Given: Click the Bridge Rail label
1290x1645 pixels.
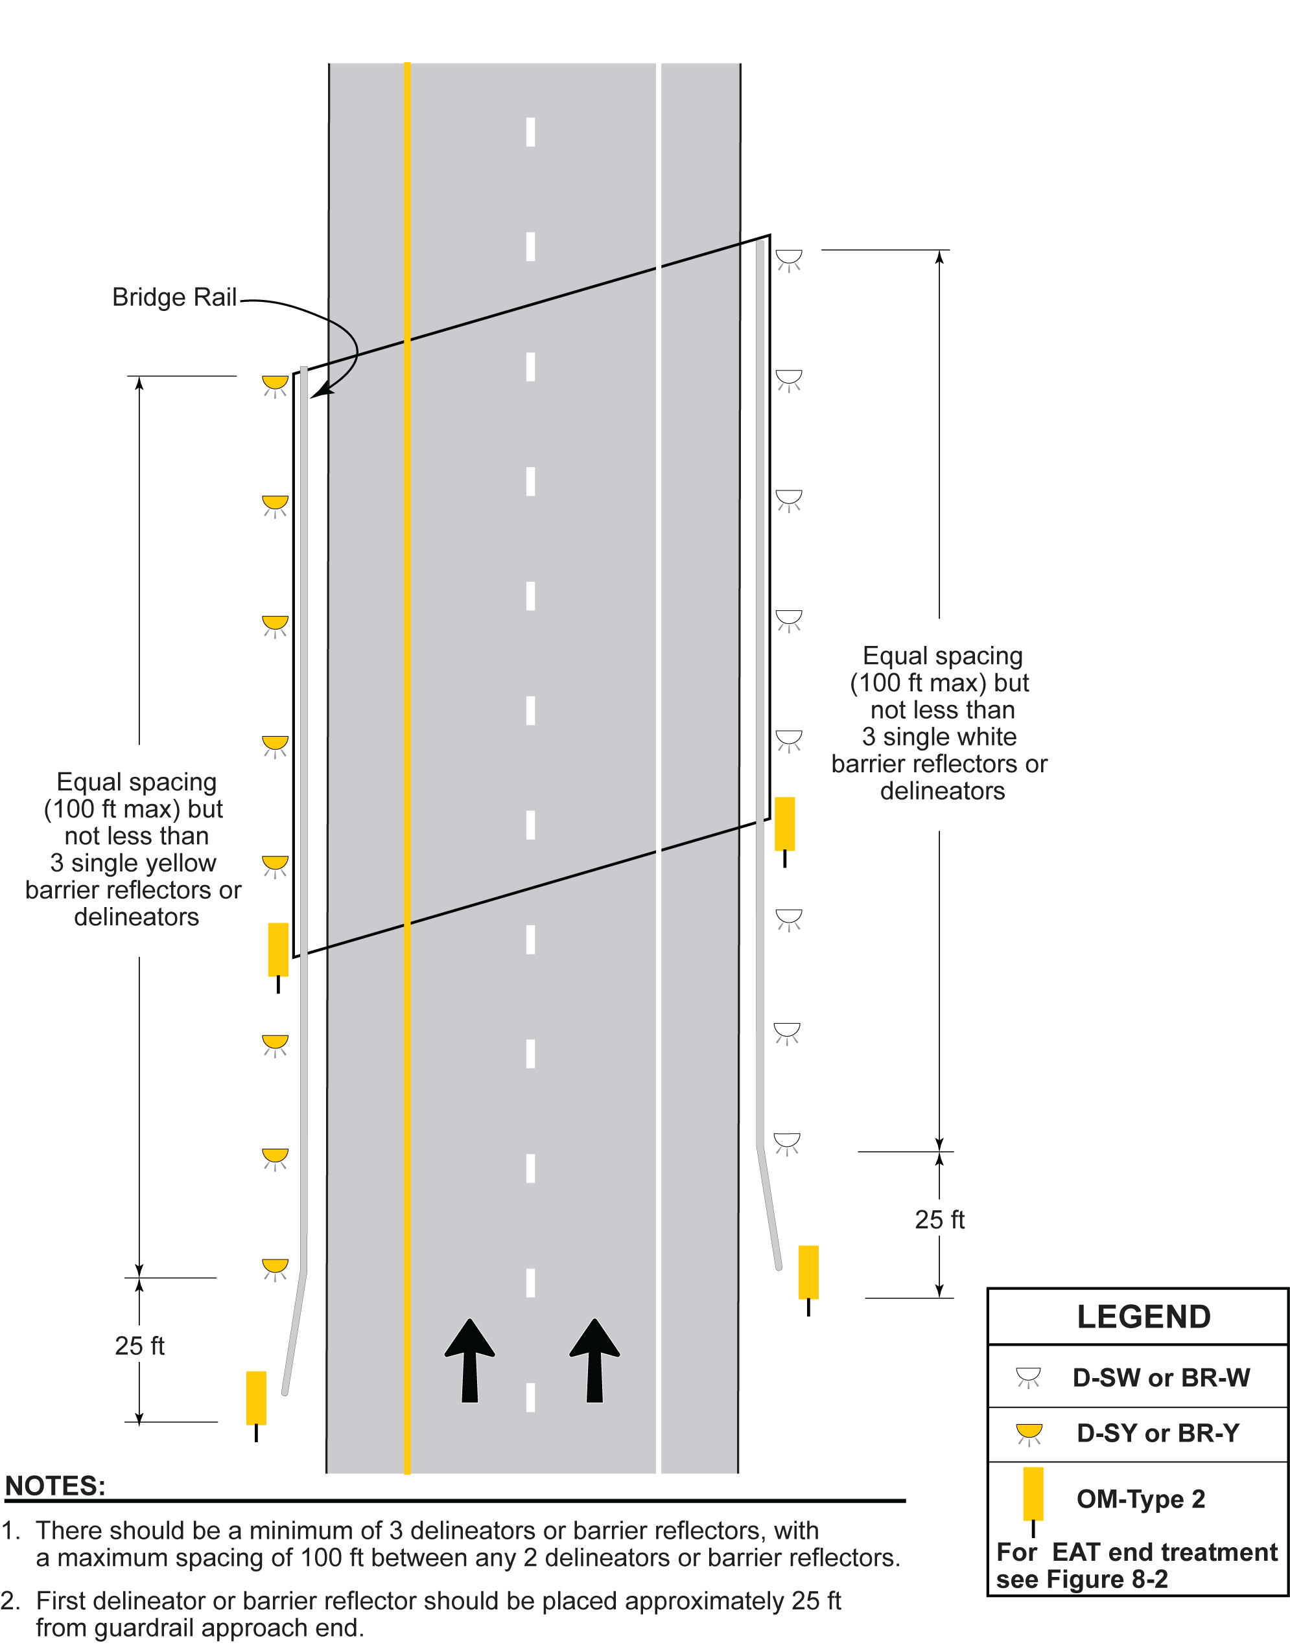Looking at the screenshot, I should pyautogui.click(x=174, y=297).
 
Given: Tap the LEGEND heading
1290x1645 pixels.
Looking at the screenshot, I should pyautogui.click(x=1143, y=1317).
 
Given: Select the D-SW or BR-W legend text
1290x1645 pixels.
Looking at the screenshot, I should pyautogui.click(x=1161, y=1378).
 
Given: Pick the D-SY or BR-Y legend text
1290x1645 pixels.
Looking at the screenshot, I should pyautogui.click(x=1158, y=1433).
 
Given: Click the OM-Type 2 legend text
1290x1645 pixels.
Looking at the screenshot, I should pyautogui.click(x=1140, y=1499).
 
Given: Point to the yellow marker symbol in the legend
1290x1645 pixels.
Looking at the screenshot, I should pyautogui.click(x=1033, y=1494).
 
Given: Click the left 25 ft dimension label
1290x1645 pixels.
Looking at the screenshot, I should pyautogui.click(x=140, y=1345).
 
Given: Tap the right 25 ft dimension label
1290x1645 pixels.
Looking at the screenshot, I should pyautogui.click(x=939, y=1219).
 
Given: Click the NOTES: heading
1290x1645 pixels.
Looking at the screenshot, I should pyautogui.click(x=55, y=1486).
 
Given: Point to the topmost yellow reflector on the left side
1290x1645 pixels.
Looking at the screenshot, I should pyautogui.click(x=275, y=383).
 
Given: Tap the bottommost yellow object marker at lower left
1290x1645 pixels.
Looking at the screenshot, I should pyautogui.click(x=256, y=1398).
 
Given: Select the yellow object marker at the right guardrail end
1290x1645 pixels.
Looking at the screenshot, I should pyautogui.click(x=808, y=1272).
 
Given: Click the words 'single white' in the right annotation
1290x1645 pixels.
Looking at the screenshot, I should pyautogui.click(x=950, y=736).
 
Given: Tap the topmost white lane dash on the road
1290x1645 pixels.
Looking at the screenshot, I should pyautogui.click(x=530, y=132).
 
